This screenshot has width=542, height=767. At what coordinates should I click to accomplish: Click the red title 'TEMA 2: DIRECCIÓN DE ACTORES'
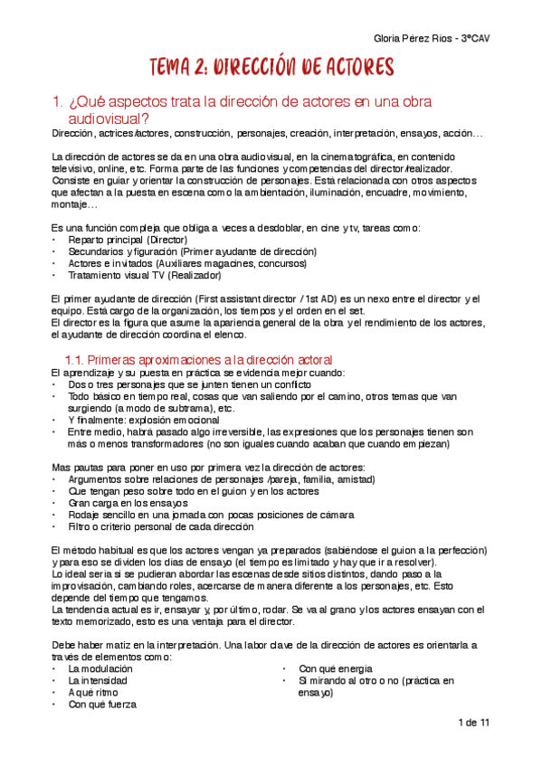tap(271, 67)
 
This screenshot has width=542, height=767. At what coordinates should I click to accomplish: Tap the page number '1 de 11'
tap(473, 723)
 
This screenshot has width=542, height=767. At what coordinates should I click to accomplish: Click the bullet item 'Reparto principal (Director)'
tap(128, 240)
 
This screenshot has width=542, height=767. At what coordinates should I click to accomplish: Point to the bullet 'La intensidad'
tap(98, 680)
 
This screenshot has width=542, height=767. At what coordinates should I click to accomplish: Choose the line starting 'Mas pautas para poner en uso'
tap(208, 467)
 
